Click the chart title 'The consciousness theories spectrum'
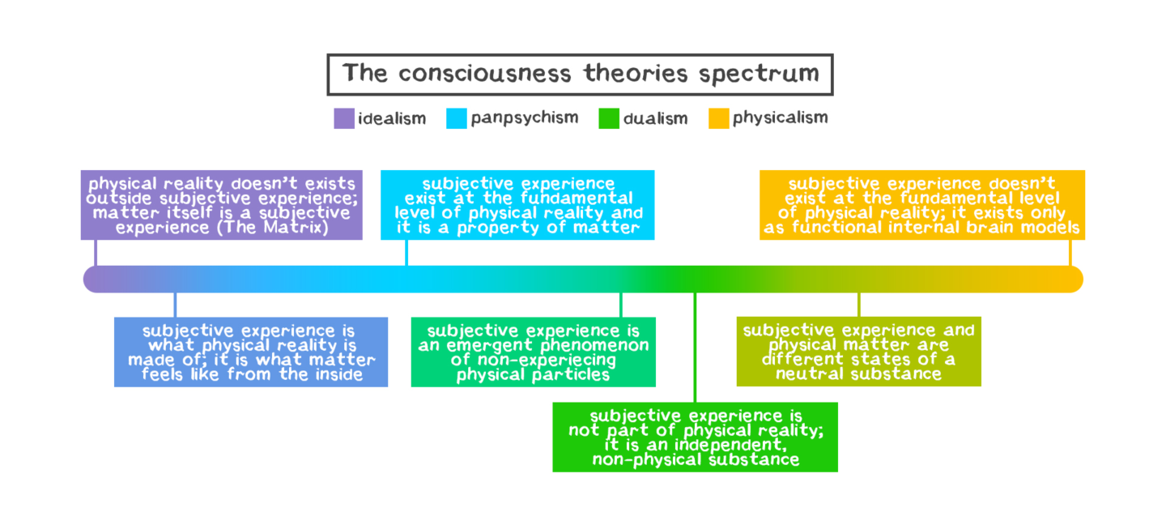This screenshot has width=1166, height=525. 580,75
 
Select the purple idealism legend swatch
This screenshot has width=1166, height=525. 344,118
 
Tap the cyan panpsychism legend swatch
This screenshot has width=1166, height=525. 457,118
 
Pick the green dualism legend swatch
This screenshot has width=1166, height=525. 609,118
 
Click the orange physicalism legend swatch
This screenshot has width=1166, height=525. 719,118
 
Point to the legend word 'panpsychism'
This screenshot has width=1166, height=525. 525,118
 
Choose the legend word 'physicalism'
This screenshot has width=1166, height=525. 780,118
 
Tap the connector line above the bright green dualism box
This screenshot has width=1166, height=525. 695,348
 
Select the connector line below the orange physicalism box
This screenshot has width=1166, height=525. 1070,253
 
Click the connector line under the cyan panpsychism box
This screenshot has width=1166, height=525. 406,253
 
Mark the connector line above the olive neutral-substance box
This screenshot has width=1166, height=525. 858,305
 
